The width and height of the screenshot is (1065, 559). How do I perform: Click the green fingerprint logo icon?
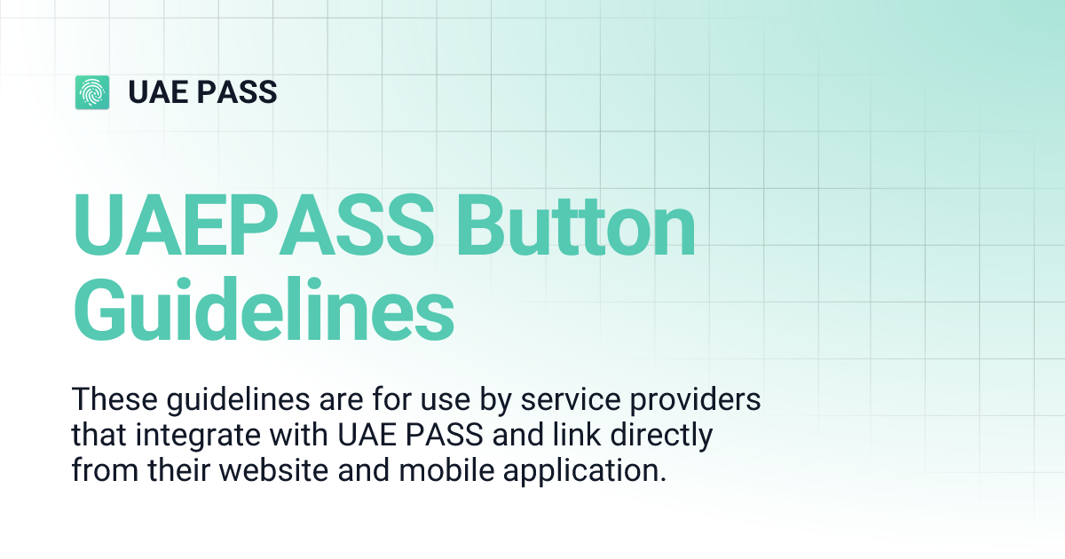pyautogui.click(x=92, y=92)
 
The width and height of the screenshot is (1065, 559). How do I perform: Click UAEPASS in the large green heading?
pyautogui.click(x=255, y=229)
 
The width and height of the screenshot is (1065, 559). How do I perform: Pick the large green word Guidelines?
pyautogui.click(x=264, y=311)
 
